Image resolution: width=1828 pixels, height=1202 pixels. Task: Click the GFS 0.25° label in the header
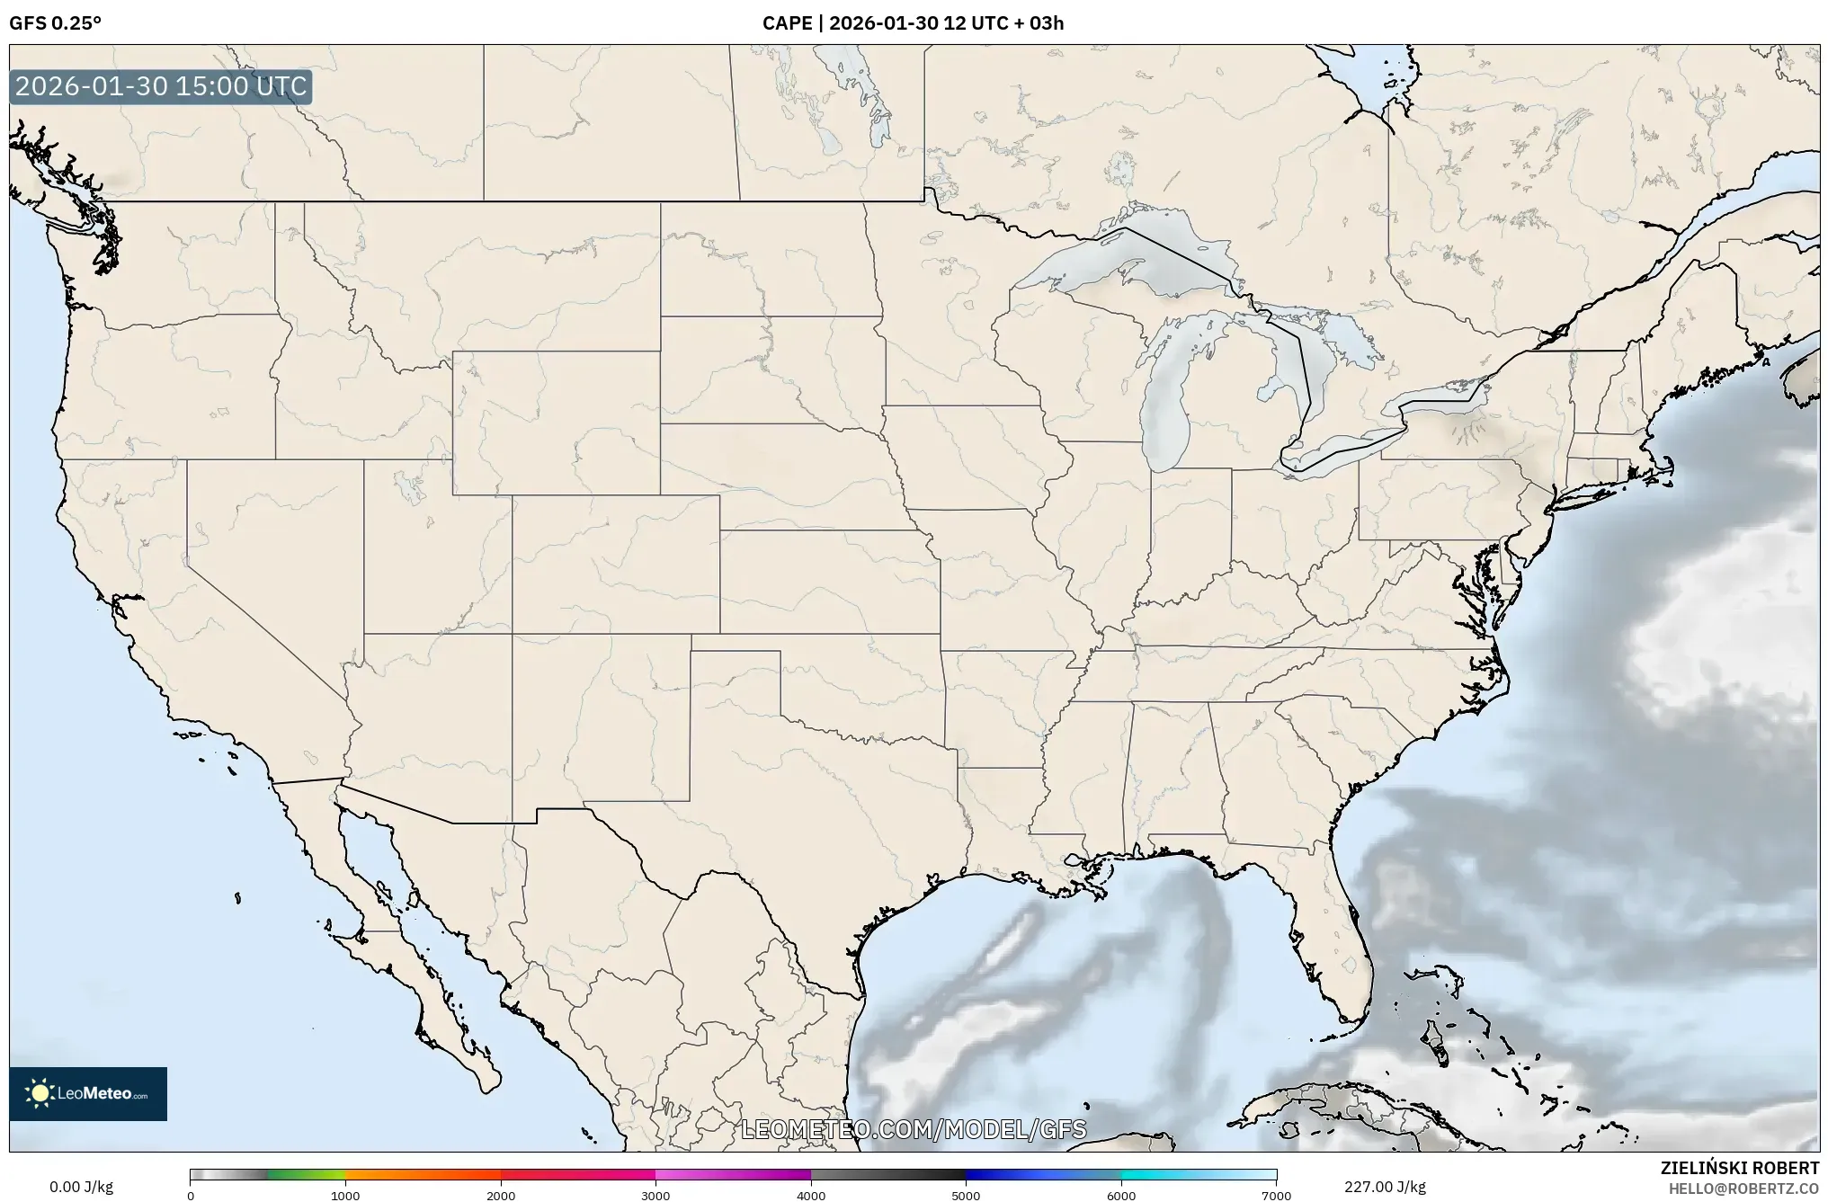coord(55,23)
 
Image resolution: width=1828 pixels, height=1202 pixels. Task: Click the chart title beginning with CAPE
coord(913,23)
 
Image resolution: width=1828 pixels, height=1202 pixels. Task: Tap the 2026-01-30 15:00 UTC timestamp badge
coord(161,87)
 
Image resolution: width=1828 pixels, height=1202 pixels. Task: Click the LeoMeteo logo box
coord(88,1093)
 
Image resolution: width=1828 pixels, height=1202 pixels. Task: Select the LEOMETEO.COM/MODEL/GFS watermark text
coord(914,1129)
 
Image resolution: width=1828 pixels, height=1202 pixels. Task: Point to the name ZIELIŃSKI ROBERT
coord(1739,1168)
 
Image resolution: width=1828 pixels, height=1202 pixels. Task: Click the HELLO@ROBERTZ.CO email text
coord(1743,1189)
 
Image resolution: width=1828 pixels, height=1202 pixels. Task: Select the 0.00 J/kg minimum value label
coord(81,1187)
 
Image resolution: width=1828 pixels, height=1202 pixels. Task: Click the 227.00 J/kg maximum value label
coord(1385,1187)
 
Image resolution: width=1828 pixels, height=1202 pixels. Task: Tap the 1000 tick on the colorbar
coord(345,1195)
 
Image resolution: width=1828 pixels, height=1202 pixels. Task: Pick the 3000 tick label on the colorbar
coord(655,1195)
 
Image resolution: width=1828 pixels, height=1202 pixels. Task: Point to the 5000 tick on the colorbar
coord(966,1195)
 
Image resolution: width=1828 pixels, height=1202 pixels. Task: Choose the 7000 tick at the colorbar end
coord(1276,1195)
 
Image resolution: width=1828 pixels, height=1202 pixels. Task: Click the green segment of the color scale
coord(306,1174)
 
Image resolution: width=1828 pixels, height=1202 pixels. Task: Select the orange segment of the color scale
coord(423,1174)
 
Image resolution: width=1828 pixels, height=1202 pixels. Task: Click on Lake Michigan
coord(1166,405)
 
